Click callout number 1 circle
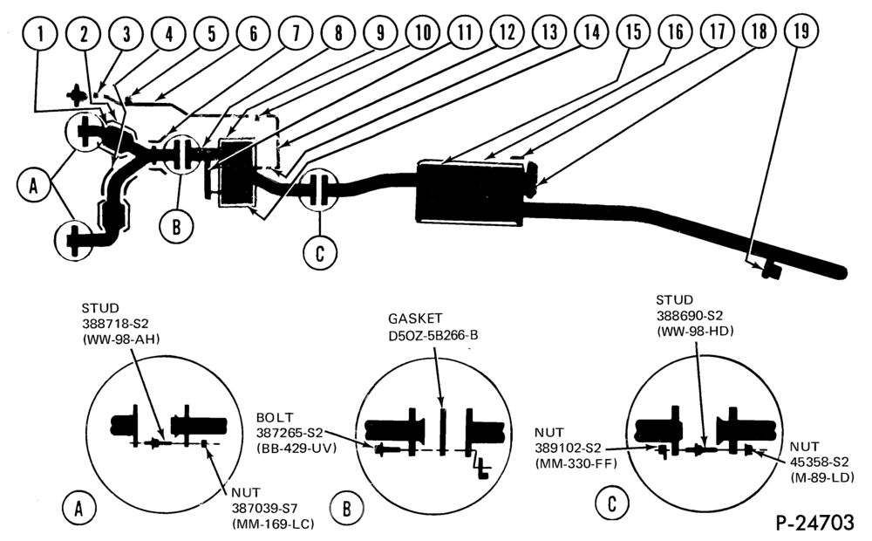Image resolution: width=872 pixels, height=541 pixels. pos(41,33)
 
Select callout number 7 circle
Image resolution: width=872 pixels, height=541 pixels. pos(296,33)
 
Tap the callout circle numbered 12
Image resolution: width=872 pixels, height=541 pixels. pos(507,32)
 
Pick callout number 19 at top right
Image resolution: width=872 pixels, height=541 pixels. pos(800,31)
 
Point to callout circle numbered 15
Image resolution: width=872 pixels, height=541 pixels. pos(633,31)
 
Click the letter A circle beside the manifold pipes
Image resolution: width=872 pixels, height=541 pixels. pos(33,185)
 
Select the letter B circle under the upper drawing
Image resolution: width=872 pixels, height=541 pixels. pos(176,227)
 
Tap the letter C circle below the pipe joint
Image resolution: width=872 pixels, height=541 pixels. pos(320,253)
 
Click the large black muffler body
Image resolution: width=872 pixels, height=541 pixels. pos(471,193)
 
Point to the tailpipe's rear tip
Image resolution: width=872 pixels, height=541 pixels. pos(844,273)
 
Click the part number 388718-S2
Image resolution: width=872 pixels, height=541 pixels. pos(115,324)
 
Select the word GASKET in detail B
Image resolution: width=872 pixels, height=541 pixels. pos(415,318)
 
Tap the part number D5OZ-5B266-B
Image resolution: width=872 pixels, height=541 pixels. pos(433,336)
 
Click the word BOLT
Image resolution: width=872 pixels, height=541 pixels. pos(275,417)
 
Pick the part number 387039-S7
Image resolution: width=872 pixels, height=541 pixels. pos(265,508)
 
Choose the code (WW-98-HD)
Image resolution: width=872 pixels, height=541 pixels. pos(695,331)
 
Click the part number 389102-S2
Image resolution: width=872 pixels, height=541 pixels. pos(568,448)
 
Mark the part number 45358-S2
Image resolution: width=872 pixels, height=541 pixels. pos(819,462)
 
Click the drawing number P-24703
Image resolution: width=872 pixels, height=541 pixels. pos(814,523)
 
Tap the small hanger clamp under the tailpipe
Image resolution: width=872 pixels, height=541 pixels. pos(770,271)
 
